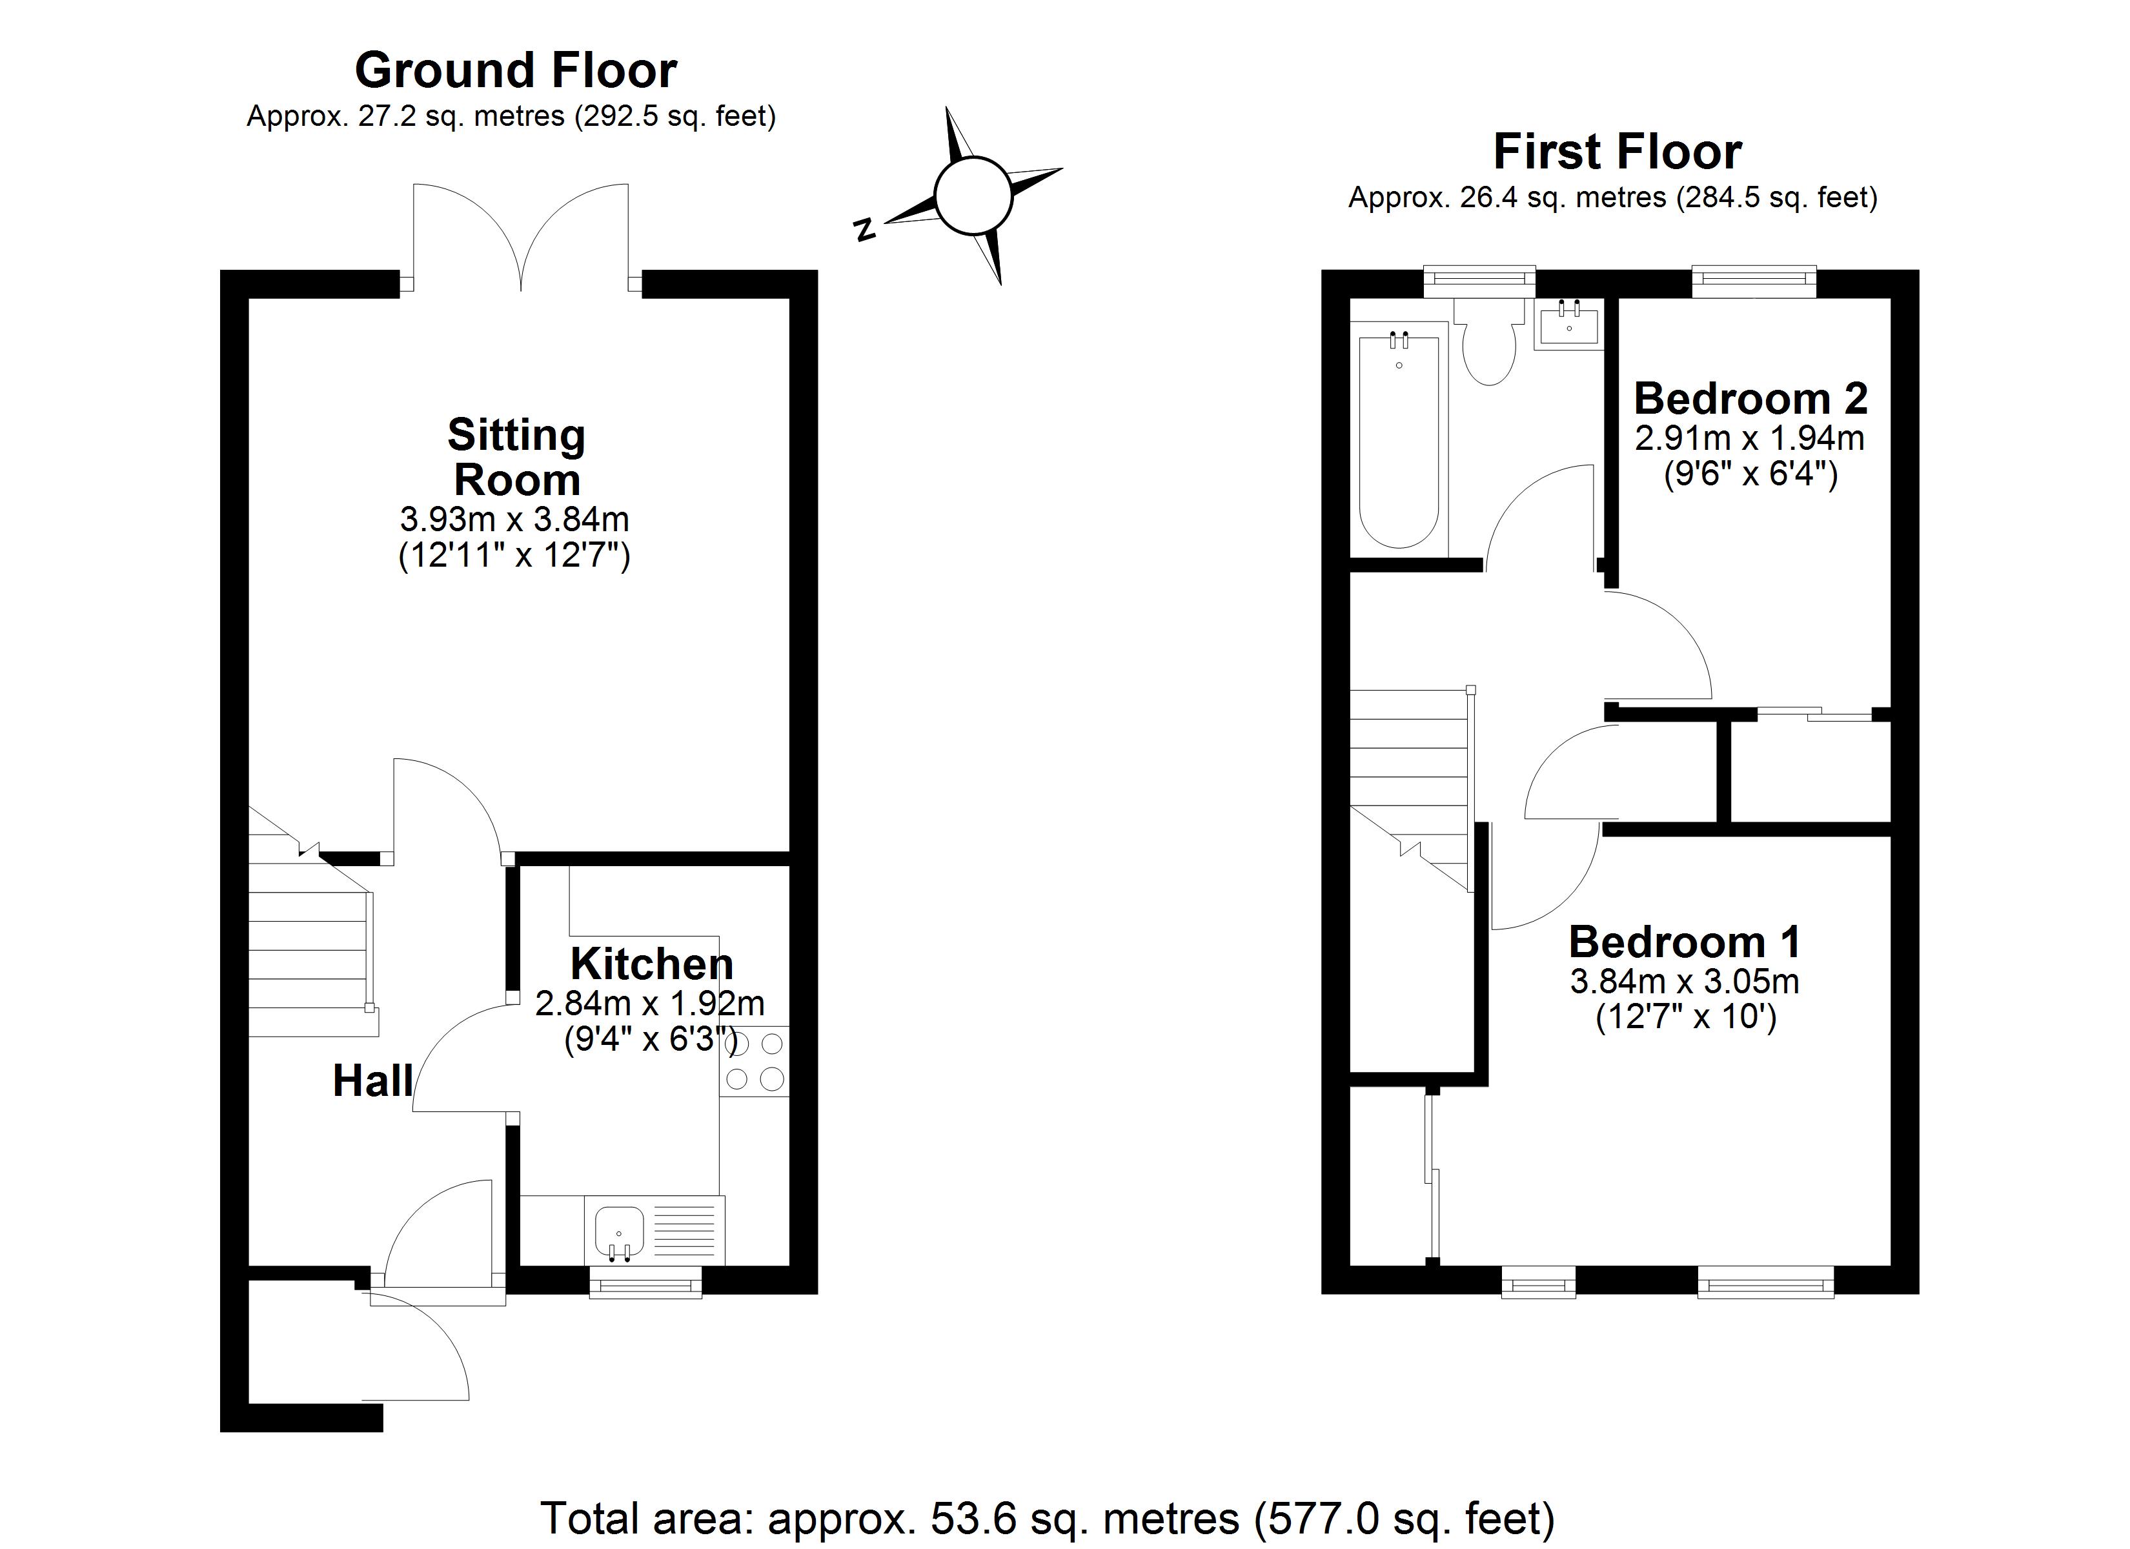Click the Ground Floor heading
(516, 70)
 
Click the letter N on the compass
(865, 229)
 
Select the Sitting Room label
(516, 458)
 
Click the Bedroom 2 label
(1750, 400)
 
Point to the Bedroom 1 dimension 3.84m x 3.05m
(1685, 982)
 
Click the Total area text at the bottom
(1047, 1518)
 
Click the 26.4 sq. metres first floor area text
(1612, 198)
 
